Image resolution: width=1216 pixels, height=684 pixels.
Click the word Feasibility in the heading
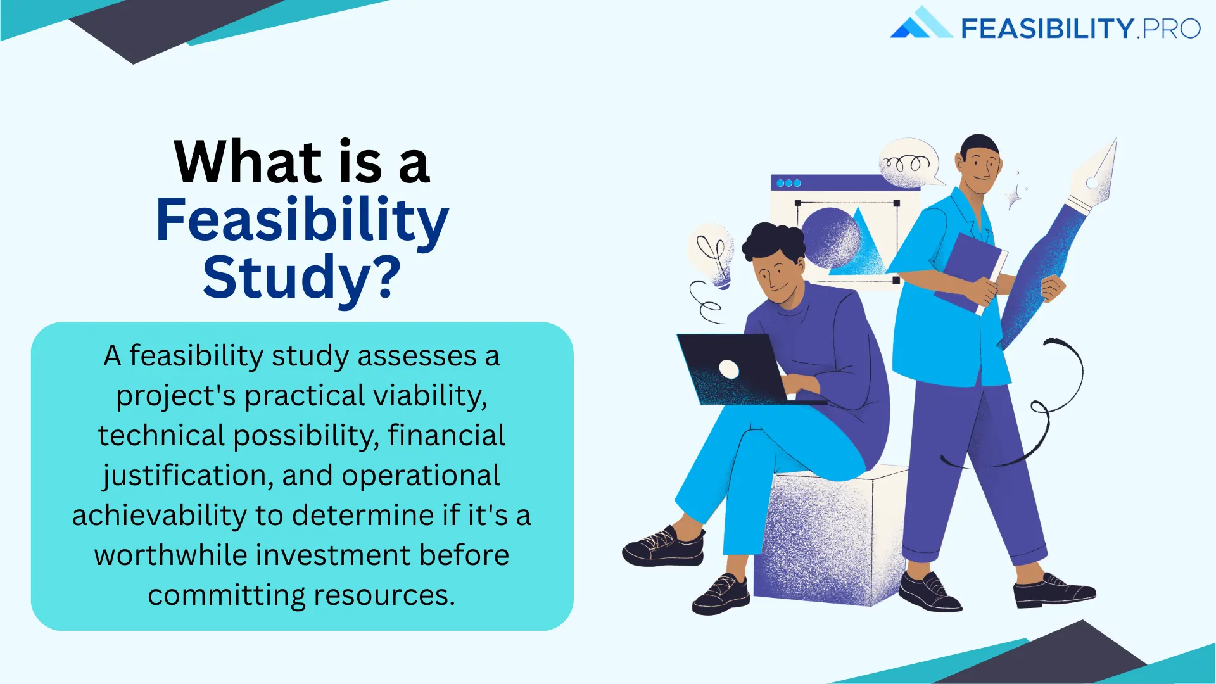coord(302,220)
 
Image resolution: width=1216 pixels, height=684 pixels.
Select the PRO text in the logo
coord(1171,29)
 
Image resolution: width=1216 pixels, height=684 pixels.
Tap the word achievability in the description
coord(158,516)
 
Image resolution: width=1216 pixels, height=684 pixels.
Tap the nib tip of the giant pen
coord(1105,158)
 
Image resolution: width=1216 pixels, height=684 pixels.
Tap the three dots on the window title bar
coord(788,183)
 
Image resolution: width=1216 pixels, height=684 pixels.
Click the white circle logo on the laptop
coord(729,369)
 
